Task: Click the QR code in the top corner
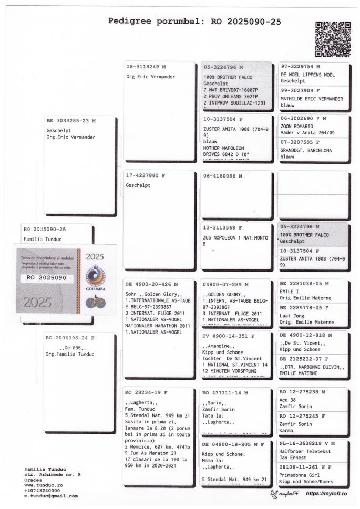pyautogui.click(x=333, y=39)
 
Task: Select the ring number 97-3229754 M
pyautogui.click(x=301, y=67)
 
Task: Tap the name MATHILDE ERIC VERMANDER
pyautogui.click(x=312, y=99)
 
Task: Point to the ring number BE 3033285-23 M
pyautogui.click(x=71, y=120)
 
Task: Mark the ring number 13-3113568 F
pyautogui.click(x=223, y=228)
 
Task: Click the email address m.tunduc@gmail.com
pyautogui.click(x=51, y=495)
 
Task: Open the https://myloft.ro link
pyautogui.click(x=330, y=494)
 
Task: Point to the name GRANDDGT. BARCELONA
pyautogui.click(x=306, y=150)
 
